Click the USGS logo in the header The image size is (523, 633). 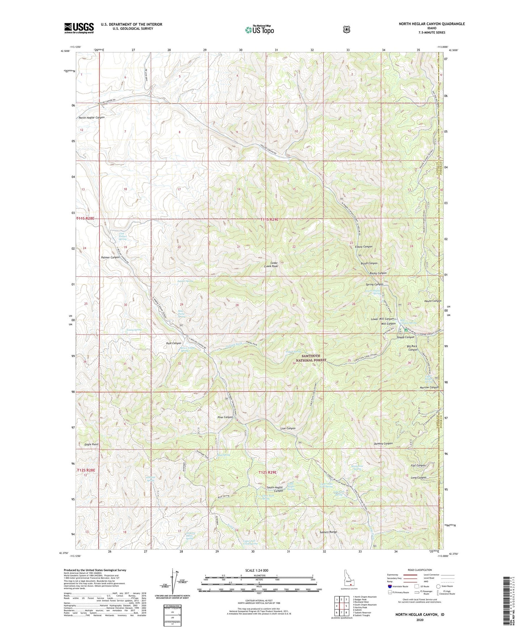[x=79, y=28]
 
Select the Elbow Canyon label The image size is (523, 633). [x=361, y=247]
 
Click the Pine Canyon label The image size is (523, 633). [x=225, y=417]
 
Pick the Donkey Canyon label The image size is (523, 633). [x=383, y=443]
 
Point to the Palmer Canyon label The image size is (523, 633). [x=110, y=257]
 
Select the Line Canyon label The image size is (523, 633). [x=288, y=428]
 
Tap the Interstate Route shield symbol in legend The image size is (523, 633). [x=389, y=586]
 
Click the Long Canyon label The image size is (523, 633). [x=419, y=477]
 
